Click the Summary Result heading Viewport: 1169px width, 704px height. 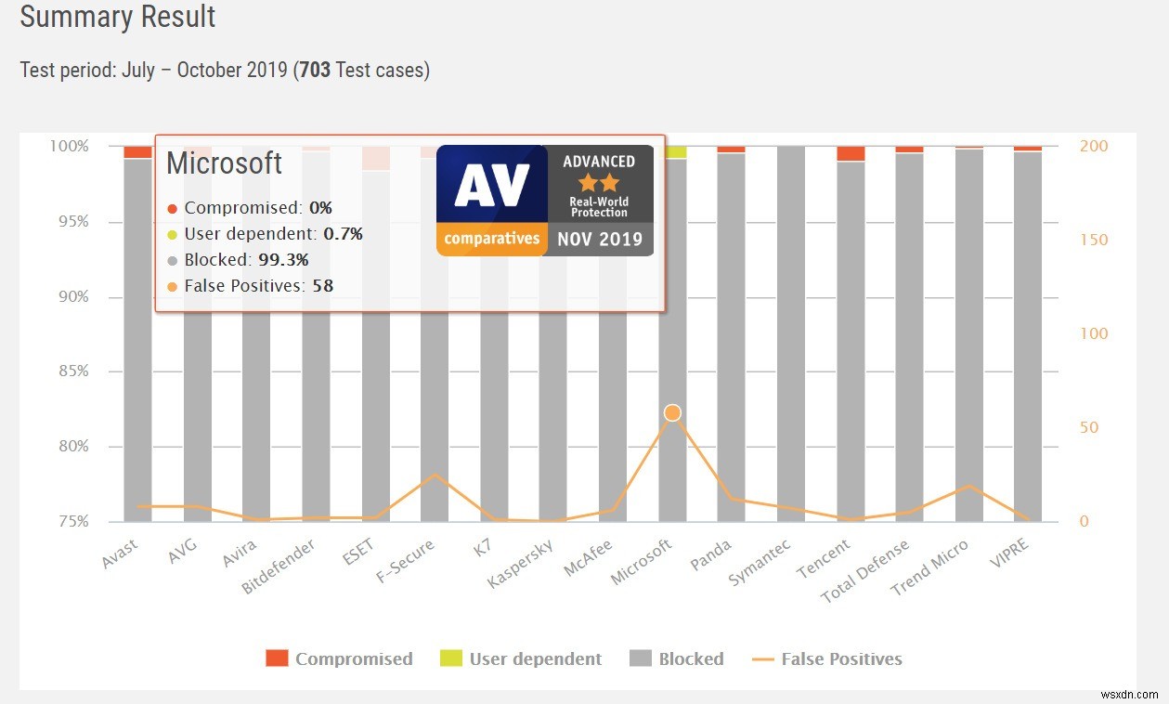(118, 17)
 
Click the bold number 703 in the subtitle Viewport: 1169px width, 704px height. (315, 70)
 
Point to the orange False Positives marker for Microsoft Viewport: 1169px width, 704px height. (672, 412)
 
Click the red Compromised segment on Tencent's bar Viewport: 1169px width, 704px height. (851, 153)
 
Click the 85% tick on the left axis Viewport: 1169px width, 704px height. (69, 372)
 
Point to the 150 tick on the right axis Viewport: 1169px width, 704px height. (1095, 240)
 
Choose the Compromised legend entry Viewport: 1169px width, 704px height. (339, 658)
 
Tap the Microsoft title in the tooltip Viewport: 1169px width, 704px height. (224, 163)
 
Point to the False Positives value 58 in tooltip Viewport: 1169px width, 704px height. (322, 286)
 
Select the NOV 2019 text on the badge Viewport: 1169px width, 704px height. (599, 240)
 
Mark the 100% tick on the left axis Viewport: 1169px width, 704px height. (69, 146)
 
